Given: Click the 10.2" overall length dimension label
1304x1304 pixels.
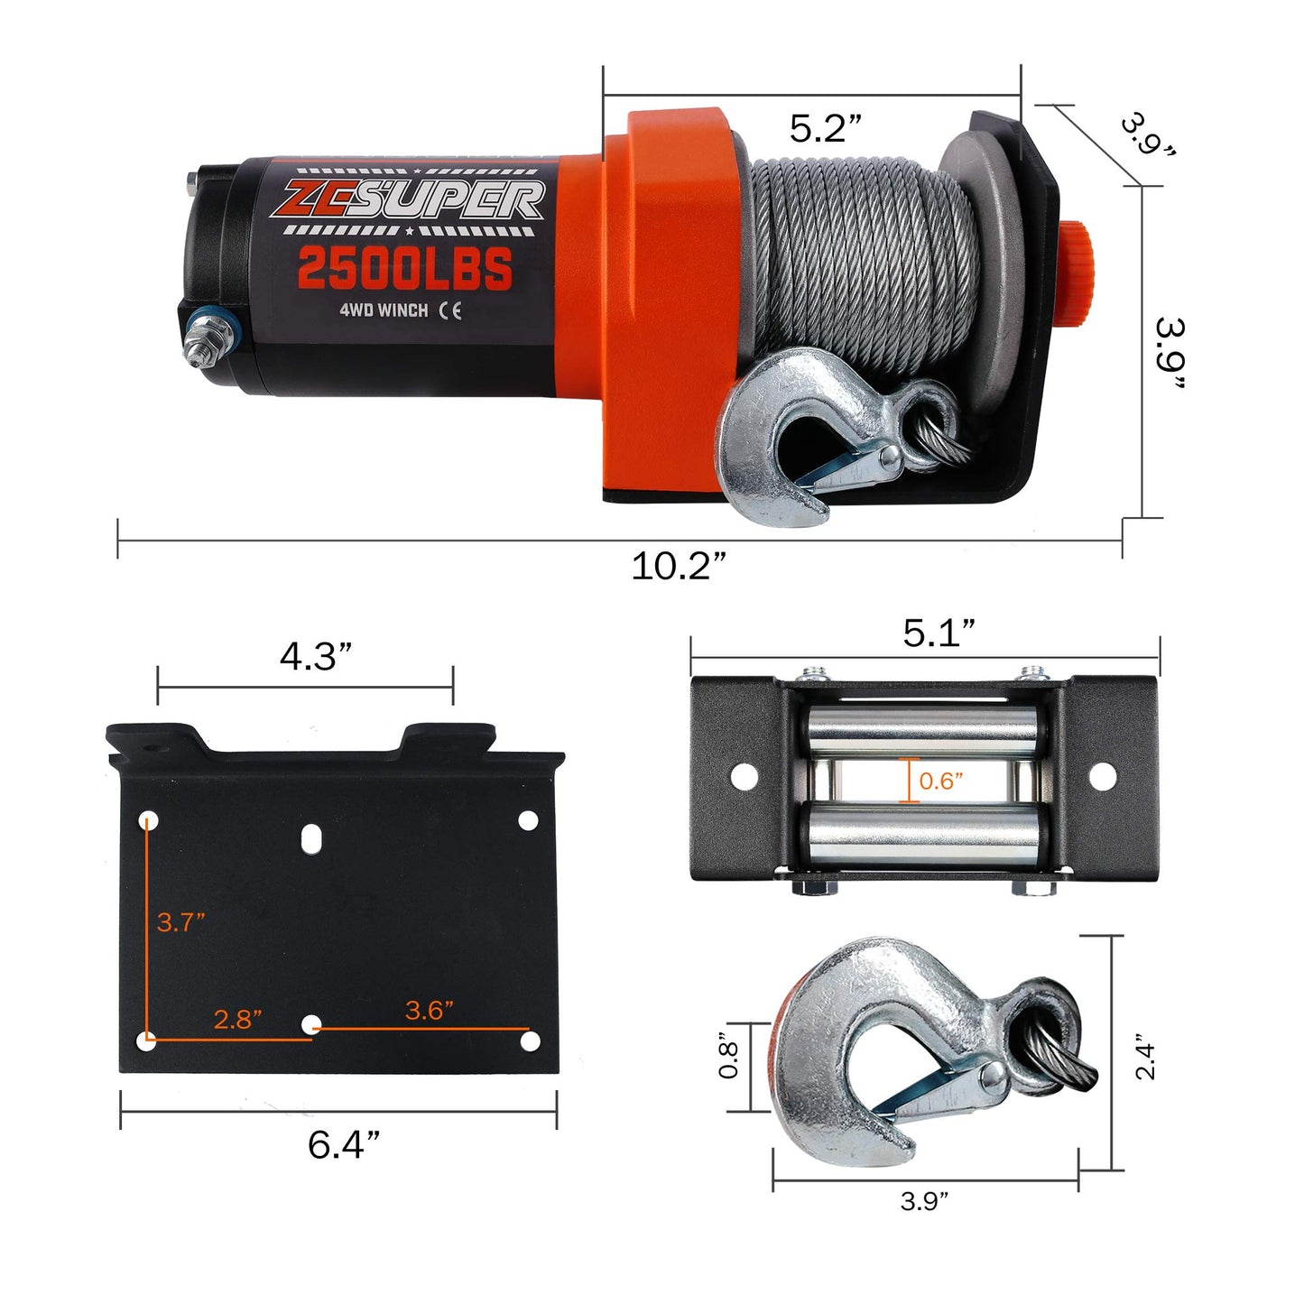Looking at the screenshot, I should click(677, 568).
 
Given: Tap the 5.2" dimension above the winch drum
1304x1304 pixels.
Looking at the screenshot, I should click(826, 129).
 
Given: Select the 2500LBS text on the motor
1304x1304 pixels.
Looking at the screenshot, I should click(404, 269).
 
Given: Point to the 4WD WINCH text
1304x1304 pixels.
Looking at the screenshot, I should click(384, 310).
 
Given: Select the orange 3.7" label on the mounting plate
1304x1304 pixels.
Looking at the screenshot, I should click(180, 922).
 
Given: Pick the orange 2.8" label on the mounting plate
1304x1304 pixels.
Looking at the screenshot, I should click(237, 1020).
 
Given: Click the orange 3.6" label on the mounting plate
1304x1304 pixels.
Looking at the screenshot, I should click(429, 1011).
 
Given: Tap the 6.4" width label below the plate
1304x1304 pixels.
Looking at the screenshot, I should click(343, 1145).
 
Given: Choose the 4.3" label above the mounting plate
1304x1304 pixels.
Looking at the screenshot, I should click(315, 657).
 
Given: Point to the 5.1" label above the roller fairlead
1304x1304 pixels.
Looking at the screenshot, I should click(939, 634).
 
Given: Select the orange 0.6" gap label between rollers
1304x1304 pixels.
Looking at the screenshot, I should click(940, 781).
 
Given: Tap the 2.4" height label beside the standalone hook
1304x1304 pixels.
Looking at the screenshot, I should click(1145, 1056).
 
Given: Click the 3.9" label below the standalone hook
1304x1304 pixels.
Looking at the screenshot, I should click(924, 1202).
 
